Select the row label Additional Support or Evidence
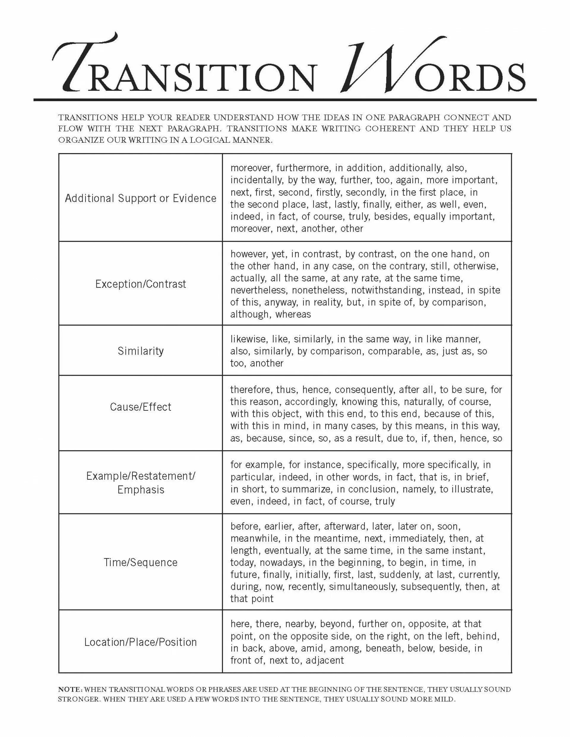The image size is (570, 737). pos(140,198)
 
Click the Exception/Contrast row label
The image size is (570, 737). pos(140,284)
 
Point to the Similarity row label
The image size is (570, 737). pos(140,351)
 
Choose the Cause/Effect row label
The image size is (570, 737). pos(140,407)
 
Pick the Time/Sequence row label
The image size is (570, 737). pos(140,563)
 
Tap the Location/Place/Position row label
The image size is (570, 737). pos(140,642)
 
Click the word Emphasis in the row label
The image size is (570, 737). pos(140,490)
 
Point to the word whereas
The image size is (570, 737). pos(293,315)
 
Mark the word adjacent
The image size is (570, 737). pos(324,660)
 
